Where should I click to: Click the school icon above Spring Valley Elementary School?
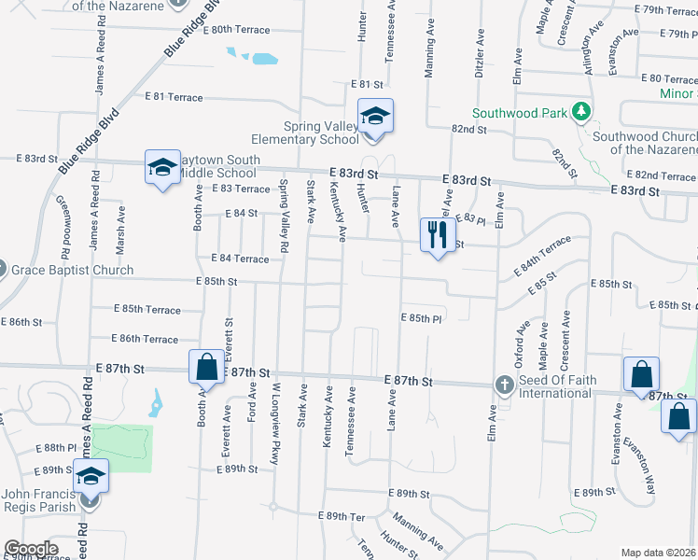[375, 117]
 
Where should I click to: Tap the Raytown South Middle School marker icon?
[161, 168]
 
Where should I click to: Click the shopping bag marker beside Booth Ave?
[207, 367]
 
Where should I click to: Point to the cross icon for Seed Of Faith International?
[504, 385]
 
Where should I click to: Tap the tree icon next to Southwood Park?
[582, 113]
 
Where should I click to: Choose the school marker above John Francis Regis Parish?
[91, 477]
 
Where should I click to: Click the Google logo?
[30, 549]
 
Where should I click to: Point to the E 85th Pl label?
[421, 317]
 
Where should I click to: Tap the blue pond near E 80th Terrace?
[263, 59]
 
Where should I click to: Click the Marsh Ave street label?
[120, 225]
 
